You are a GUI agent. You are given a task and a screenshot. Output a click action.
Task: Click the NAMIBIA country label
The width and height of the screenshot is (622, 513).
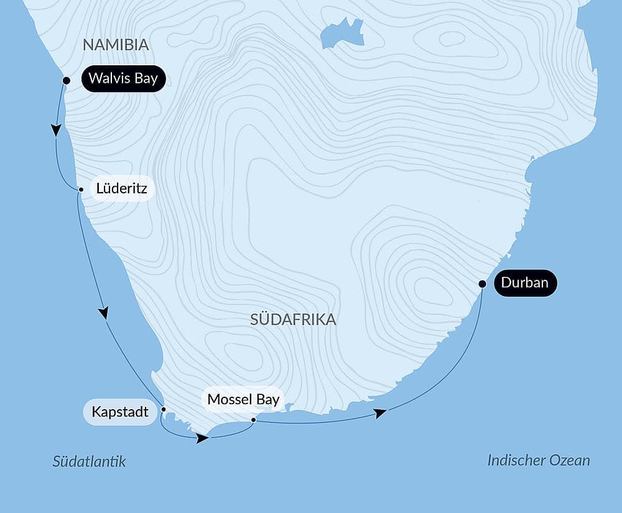(116, 45)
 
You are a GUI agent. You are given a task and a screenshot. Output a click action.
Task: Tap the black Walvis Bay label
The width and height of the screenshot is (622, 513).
(123, 78)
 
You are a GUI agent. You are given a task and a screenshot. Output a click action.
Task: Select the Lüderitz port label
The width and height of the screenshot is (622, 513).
(122, 188)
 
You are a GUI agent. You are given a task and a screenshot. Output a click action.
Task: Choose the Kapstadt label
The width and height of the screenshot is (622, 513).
(120, 412)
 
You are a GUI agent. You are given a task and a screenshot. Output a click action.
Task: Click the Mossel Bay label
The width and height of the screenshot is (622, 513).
(243, 399)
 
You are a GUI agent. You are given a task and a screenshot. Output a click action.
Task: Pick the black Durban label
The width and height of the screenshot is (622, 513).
(525, 283)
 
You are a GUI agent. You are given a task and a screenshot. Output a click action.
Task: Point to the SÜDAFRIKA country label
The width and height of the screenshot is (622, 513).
(293, 320)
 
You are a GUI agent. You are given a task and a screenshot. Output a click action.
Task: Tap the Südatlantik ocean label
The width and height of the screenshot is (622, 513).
(89, 461)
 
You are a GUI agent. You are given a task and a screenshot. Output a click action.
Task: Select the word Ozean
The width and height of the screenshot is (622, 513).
(570, 460)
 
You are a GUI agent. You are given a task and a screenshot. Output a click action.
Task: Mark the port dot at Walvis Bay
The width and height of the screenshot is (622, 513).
(67, 80)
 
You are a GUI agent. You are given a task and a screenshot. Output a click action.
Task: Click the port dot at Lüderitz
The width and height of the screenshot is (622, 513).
(80, 189)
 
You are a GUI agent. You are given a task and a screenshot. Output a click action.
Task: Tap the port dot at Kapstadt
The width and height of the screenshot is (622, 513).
(164, 409)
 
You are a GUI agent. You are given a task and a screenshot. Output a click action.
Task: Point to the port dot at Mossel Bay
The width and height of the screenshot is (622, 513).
(253, 420)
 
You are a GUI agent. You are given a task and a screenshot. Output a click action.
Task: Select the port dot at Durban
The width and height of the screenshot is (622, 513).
(482, 284)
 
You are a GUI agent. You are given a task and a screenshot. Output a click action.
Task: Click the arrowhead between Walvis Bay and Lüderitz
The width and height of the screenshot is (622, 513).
(56, 130)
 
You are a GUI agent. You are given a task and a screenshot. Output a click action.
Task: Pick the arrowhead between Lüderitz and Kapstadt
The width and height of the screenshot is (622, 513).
(104, 313)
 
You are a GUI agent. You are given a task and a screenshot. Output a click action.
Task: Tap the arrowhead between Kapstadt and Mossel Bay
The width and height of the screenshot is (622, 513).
(202, 438)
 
